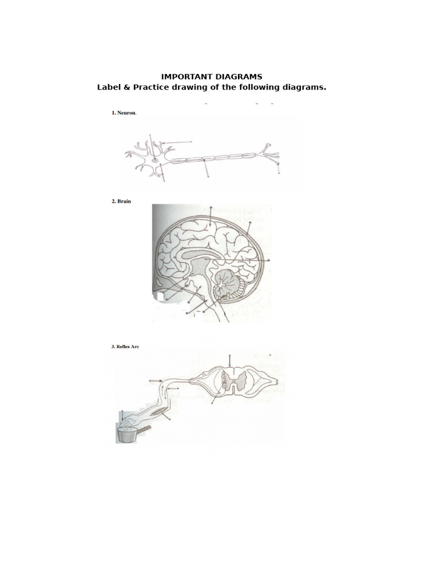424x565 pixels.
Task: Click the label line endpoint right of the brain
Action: click(x=269, y=260)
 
